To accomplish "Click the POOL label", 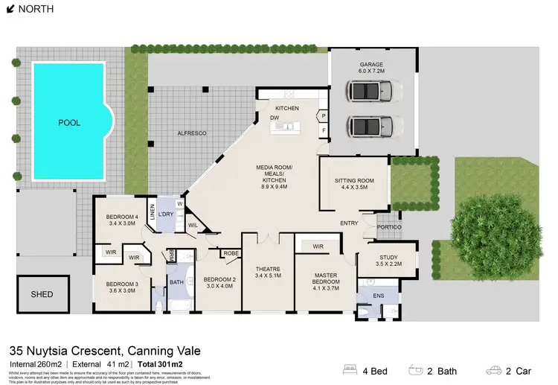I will [x=69, y=122].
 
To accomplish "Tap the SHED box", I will [x=42, y=294].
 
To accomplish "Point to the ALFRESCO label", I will [x=191, y=133].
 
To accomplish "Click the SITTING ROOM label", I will [x=353, y=181].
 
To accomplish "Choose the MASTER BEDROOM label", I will [x=326, y=280].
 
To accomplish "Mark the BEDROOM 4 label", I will [x=122, y=217].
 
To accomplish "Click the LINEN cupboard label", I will [x=152, y=213].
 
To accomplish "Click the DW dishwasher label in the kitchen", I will [x=275, y=118].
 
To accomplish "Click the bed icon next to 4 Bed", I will [x=350, y=369].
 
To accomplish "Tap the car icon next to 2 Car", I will [x=494, y=369].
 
